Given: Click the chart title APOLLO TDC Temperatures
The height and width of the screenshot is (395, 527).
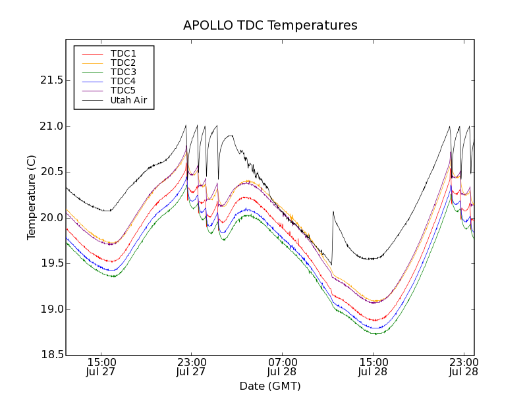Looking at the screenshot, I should [x=270, y=26].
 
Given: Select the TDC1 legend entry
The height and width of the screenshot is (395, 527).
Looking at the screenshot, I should [x=123, y=53].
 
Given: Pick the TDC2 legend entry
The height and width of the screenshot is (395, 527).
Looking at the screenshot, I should [x=123, y=63].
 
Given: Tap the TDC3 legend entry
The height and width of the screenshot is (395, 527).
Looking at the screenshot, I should [x=123, y=72].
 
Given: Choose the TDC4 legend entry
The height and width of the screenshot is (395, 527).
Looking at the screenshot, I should [x=123, y=81].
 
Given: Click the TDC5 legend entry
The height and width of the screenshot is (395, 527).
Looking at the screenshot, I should [x=123, y=90].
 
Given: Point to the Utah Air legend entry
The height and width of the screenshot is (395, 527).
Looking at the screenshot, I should [x=128, y=100].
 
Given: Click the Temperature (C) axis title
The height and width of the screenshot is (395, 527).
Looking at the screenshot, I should [x=32, y=197].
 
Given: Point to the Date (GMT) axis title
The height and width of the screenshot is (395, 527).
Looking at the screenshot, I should [x=270, y=386].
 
